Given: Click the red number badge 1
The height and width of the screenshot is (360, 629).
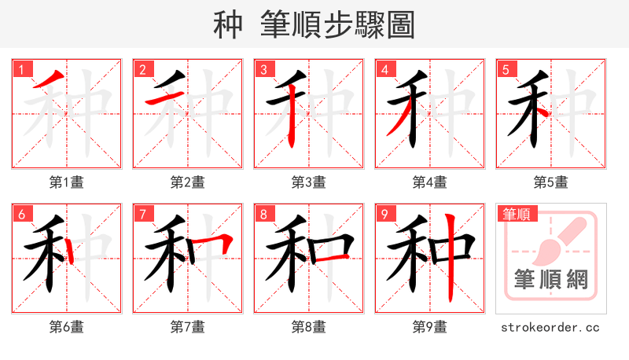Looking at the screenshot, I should pyautogui.click(x=21, y=69).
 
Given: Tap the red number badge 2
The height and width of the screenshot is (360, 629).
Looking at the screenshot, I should pyautogui.click(x=142, y=69).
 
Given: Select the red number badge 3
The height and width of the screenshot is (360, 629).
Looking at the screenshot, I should pyautogui.click(x=263, y=69).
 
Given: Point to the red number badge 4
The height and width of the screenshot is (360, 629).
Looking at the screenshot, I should pyautogui.click(x=384, y=69).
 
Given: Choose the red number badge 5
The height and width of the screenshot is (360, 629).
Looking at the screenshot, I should pyautogui.click(x=506, y=69).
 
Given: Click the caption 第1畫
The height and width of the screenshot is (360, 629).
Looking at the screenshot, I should pyautogui.click(x=67, y=182).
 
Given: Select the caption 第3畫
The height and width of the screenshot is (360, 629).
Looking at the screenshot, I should pyautogui.click(x=309, y=182).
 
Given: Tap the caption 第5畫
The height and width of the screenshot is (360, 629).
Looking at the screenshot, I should pyautogui.click(x=551, y=182).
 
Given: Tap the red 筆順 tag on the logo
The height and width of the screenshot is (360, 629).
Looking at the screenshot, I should pyautogui.click(x=517, y=213).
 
